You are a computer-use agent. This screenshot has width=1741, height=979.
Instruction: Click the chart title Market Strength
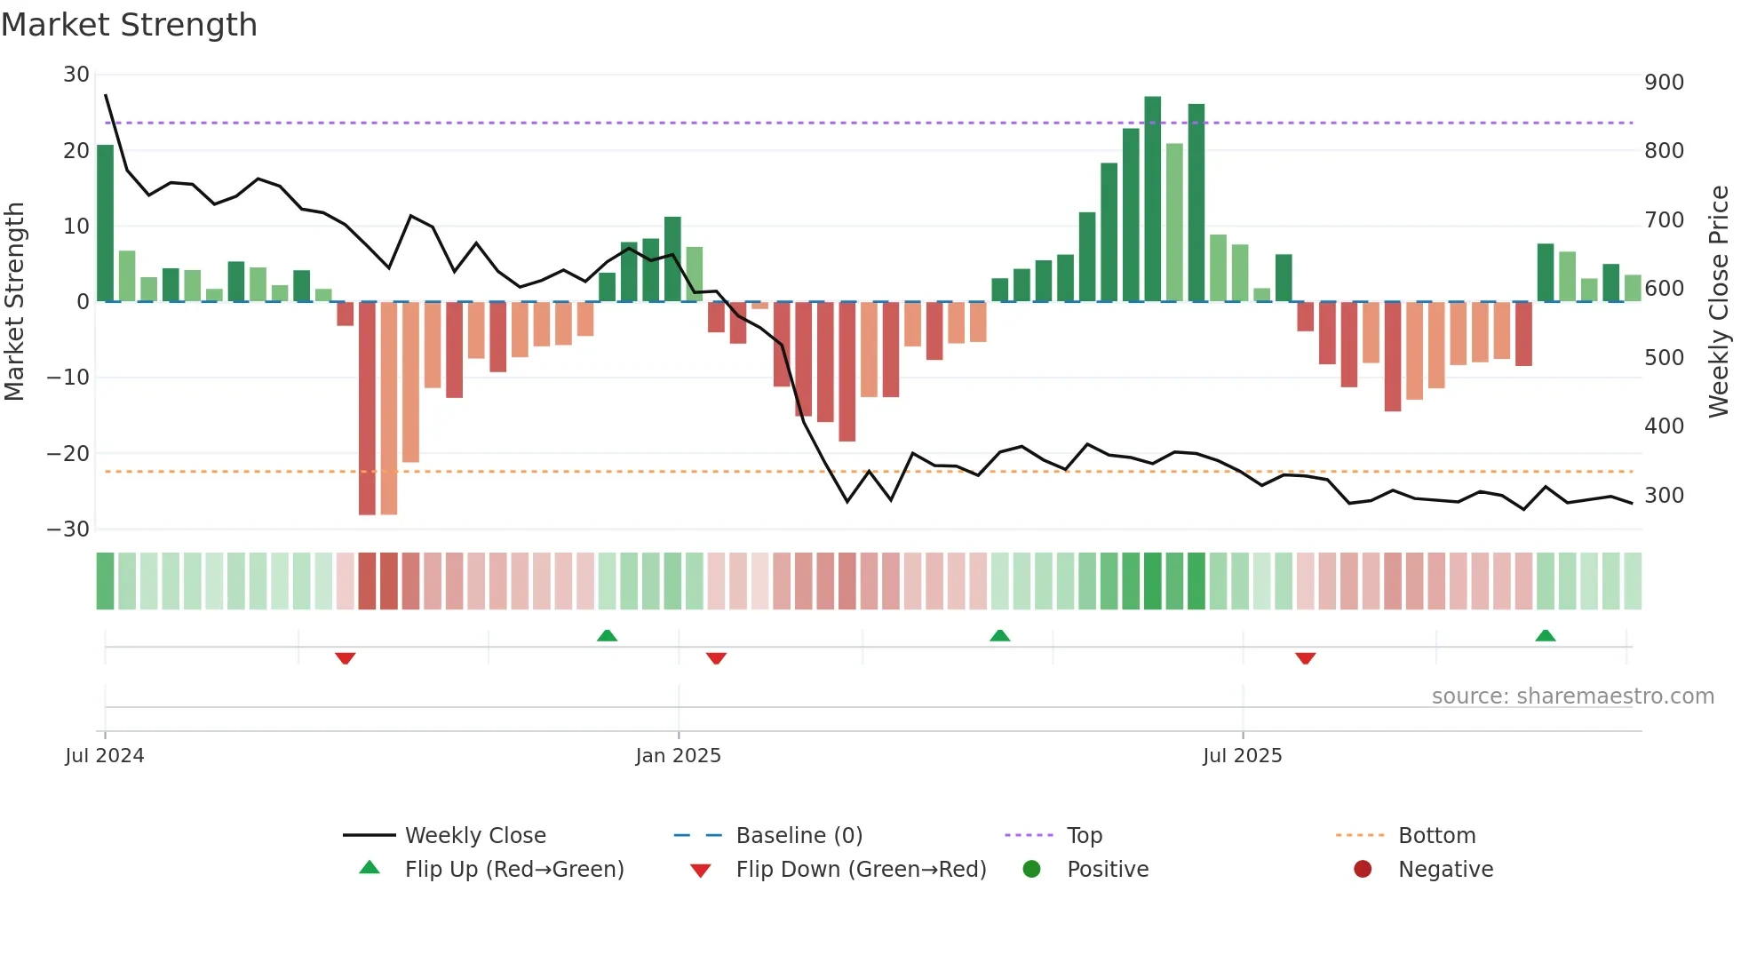tap(130, 25)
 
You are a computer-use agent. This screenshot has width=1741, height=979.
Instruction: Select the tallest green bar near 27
tap(1153, 199)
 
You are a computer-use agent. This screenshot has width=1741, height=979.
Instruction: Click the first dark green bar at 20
tap(106, 223)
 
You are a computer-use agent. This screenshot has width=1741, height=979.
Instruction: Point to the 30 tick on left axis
tap(76, 75)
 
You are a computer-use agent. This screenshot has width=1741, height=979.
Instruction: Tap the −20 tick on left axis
tap(68, 454)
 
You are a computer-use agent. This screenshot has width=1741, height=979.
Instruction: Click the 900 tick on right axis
tap(1664, 83)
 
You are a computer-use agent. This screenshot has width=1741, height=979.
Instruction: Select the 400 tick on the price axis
tap(1664, 426)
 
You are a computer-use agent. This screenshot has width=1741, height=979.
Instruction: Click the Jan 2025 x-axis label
tap(679, 756)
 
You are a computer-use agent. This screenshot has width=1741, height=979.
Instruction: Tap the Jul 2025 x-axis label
tap(1242, 756)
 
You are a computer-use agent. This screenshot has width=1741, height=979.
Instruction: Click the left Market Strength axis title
tap(14, 302)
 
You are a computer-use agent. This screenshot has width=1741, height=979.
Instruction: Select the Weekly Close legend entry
tap(475, 836)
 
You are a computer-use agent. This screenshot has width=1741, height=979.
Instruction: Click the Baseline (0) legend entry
tap(799, 836)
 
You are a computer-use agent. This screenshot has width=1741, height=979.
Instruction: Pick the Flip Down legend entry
tap(861, 870)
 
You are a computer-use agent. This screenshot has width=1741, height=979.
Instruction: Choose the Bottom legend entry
tap(1436, 836)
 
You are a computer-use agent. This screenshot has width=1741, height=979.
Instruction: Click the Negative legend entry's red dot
tap(1363, 870)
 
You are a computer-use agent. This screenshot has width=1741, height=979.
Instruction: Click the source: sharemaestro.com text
tap(1572, 696)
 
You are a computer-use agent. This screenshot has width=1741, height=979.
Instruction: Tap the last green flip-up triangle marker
tap(1546, 635)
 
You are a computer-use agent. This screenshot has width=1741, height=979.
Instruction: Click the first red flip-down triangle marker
tap(346, 658)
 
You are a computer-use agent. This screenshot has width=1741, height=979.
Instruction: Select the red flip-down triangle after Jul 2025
tap(1305, 658)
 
